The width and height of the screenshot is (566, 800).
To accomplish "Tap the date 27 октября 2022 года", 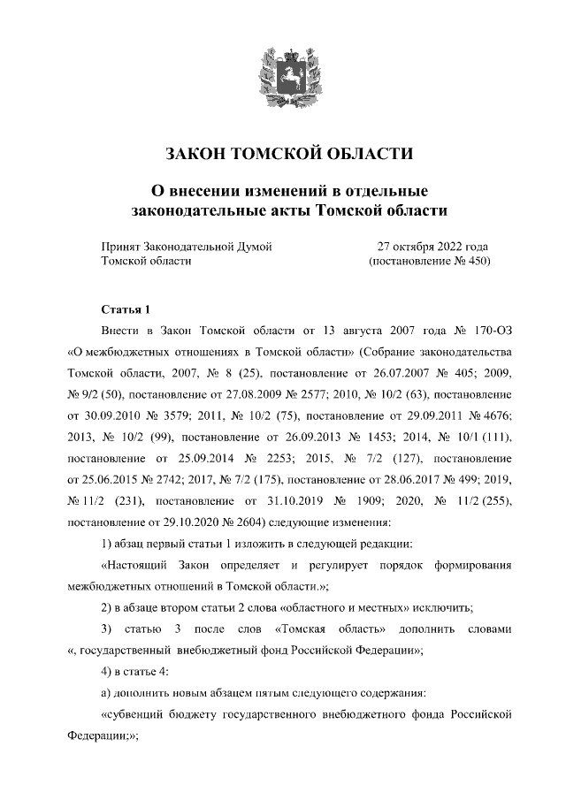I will point(432,247).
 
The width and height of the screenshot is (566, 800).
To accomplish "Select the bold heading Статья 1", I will point(126,309).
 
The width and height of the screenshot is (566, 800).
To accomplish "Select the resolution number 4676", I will point(486,415).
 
